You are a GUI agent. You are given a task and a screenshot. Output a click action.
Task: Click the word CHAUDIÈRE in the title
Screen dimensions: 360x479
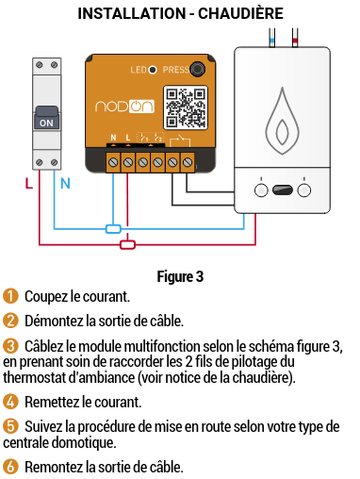point(240,13)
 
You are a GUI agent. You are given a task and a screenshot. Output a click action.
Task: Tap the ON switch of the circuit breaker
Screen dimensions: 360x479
point(46,118)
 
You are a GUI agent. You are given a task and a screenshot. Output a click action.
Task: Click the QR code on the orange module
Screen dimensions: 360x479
point(186,107)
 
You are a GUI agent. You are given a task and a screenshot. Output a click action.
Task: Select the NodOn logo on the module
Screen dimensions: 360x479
point(124,107)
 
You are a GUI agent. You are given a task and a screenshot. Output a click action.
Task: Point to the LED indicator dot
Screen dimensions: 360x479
point(153,70)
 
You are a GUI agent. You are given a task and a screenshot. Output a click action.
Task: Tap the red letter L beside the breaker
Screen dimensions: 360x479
point(29,184)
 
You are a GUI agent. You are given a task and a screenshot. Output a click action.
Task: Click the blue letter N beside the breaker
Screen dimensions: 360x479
point(65,184)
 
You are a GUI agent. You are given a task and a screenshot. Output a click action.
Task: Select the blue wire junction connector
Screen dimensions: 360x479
point(113,229)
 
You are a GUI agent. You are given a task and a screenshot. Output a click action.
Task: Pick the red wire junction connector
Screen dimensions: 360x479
point(127,244)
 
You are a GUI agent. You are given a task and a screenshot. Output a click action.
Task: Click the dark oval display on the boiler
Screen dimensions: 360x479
point(283,190)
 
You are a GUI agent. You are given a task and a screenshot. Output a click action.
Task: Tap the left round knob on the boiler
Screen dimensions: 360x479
point(261,190)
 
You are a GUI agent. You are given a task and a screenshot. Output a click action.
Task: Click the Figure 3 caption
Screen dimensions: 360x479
point(180,277)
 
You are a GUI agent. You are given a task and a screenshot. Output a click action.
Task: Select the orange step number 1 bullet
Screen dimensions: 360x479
point(10,296)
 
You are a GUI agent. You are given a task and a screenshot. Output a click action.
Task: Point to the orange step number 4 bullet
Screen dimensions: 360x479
point(10,402)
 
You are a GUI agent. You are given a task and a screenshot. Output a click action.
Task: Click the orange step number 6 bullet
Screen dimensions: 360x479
point(10,467)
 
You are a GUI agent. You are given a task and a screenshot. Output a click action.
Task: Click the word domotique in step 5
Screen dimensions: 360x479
point(84,443)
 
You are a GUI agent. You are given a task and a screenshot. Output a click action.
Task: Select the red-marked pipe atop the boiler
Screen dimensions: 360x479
point(295,38)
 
